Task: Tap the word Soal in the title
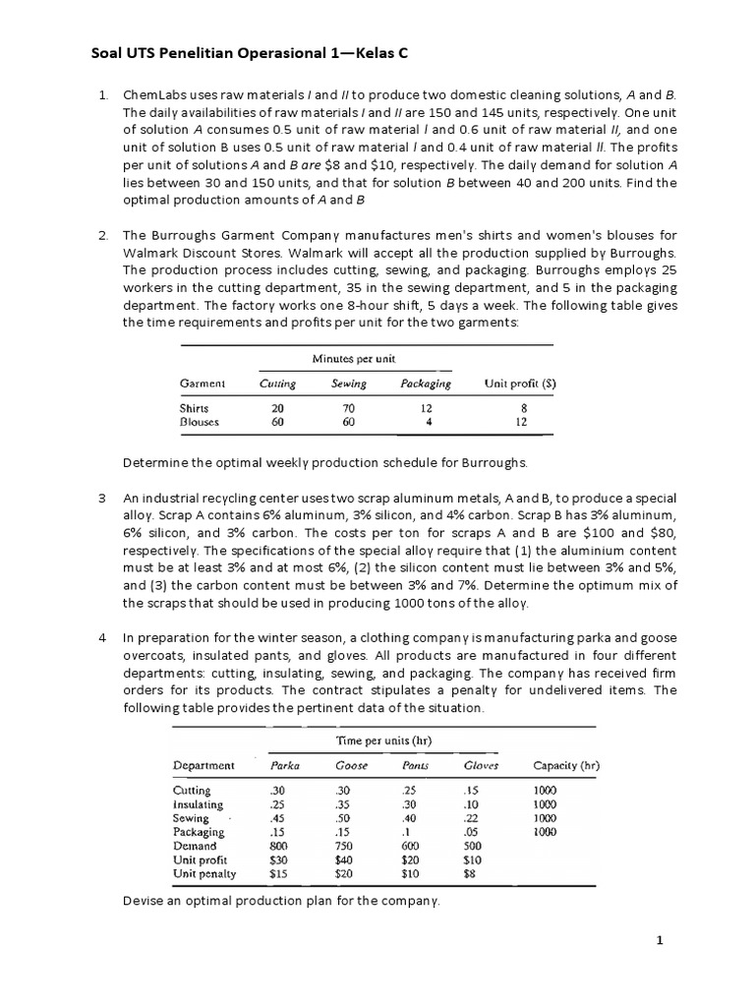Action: (94, 55)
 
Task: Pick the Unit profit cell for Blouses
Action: (521, 422)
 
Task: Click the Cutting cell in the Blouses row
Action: (278, 422)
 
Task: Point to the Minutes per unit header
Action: (353, 359)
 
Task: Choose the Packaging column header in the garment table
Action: (426, 384)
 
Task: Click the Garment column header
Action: (203, 384)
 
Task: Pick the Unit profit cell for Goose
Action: (344, 859)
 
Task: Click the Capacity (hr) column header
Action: (566, 764)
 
